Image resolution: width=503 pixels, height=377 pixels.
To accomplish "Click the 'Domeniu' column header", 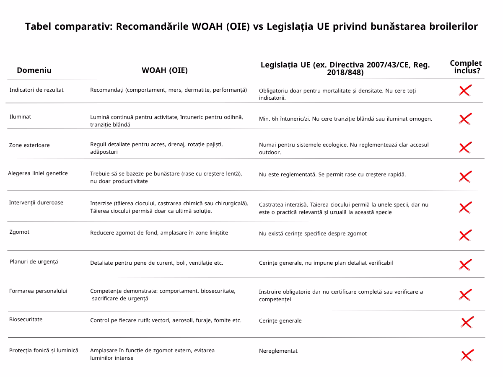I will (x=34, y=70).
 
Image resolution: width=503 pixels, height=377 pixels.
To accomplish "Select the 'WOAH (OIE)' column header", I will (x=164, y=70).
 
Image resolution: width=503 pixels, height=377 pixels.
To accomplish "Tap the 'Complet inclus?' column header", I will (x=466, y=67).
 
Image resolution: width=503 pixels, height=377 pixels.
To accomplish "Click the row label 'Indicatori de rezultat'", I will (x=36, y=90).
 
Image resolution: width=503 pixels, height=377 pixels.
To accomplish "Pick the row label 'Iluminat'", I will (x=20, y=117).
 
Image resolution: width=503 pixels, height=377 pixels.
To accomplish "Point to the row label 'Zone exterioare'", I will (x=29, y=145).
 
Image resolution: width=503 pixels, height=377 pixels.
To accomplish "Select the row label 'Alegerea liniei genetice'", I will (x=38, y=173).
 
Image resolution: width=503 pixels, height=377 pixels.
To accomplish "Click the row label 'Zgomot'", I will (x=19, y=232).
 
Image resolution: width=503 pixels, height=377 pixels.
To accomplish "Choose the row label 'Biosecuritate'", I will (x=26, y=320).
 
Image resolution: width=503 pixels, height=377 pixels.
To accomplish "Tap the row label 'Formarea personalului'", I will (x=38, y=291).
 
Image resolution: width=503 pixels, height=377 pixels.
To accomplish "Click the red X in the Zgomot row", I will (x=465, y=235).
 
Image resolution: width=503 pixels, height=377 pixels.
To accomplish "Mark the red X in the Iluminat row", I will (x=465, y=119).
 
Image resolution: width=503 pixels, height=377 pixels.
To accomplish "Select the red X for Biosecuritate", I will (x=467, y=322).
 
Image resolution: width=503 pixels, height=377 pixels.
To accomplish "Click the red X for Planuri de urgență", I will (x=465, y=265).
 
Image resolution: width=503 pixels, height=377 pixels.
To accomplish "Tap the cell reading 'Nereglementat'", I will (x=278, y=351).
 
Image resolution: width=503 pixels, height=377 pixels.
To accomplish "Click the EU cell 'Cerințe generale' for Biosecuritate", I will (x=280, y=321).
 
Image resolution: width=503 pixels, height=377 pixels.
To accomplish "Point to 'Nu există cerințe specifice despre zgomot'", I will (x=313, y=234).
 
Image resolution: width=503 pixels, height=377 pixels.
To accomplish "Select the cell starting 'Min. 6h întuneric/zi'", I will (x=345, y=119).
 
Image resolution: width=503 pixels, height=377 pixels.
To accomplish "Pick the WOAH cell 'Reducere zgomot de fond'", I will (x=159, y=233).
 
